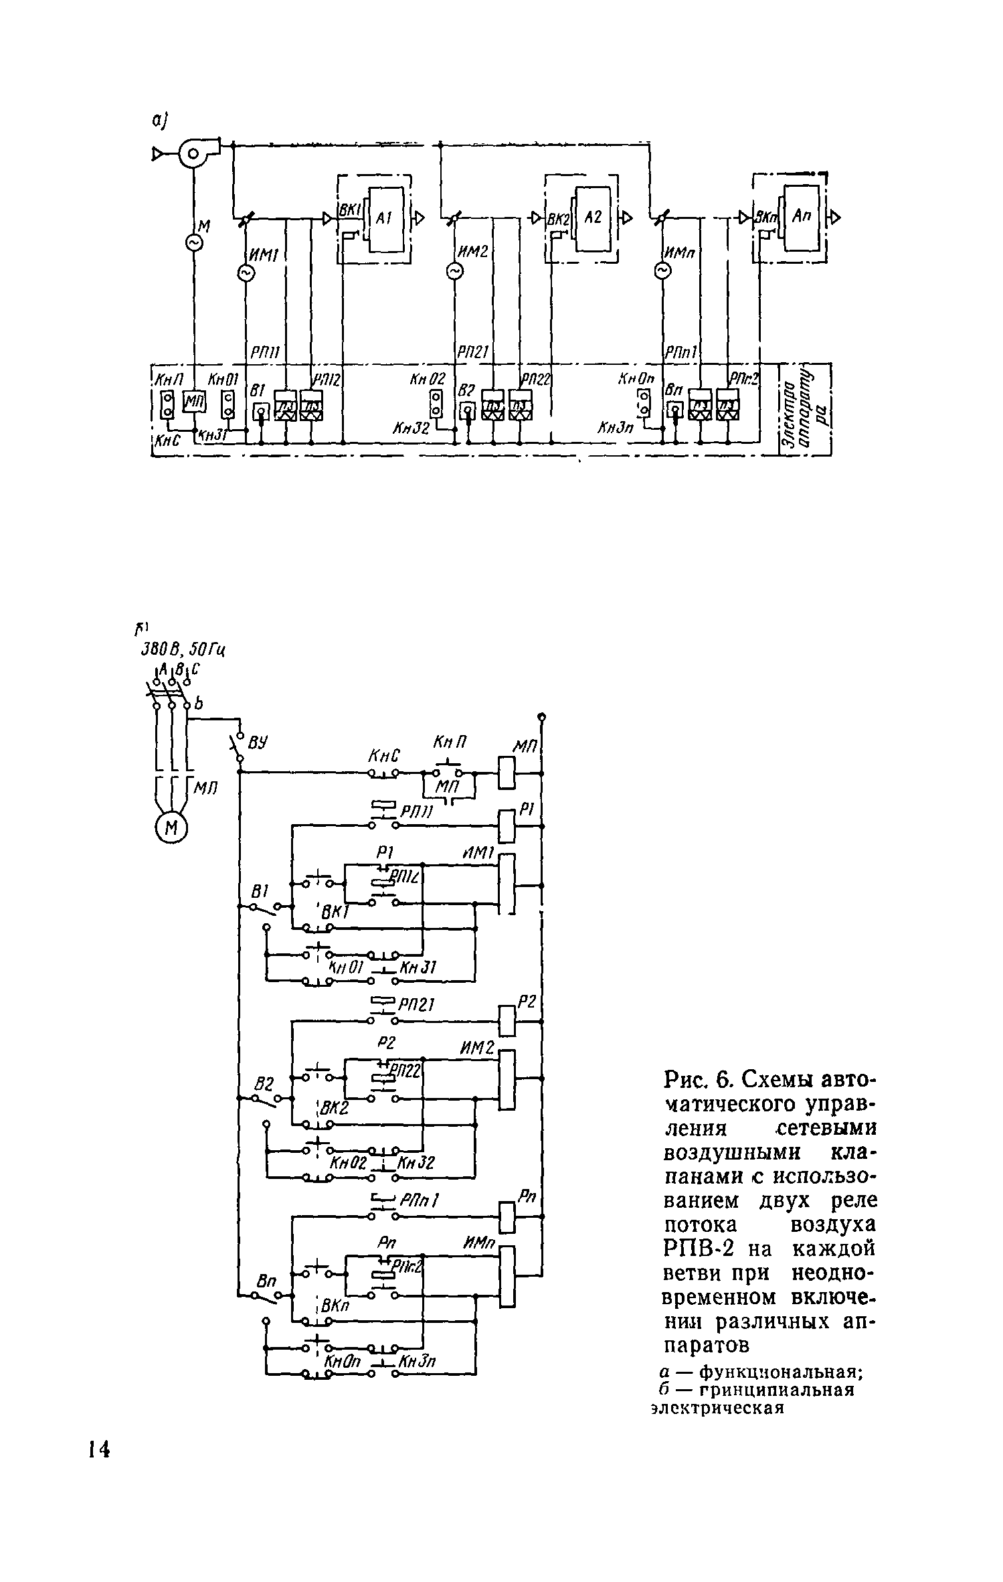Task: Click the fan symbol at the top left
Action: (195, 155)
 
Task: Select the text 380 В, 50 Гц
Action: (181, 649)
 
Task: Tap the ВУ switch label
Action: (258, 742)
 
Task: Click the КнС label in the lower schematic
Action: (384, 756)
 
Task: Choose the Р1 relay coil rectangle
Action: (507, 826)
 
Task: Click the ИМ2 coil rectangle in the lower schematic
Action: (507, 1079)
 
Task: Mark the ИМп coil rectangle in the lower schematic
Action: (507, 1276)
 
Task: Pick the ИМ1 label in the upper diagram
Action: (264, 254)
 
